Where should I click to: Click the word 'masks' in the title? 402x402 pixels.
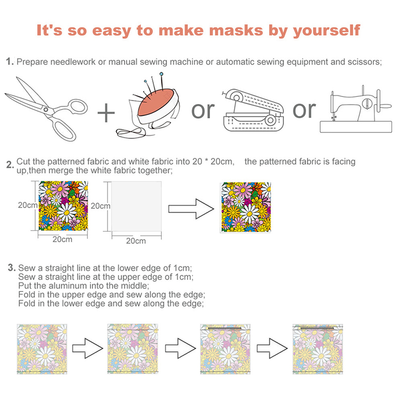[236, 30]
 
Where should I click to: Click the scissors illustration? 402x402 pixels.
[46, 110]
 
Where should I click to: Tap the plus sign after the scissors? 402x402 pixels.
[106, 113]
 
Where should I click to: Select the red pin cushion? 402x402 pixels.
[156, 102]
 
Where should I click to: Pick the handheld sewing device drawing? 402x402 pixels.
[253, 111]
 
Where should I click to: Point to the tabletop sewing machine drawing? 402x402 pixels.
[356, 110]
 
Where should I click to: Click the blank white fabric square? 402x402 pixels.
[136, 207]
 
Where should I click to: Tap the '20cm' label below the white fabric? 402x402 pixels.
[136, 241]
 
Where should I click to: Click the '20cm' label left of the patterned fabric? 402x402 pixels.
[28, 205]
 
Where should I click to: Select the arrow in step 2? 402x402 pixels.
[191, 209]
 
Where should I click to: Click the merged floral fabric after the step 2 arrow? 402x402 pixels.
[246, 208]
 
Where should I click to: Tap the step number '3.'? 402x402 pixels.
[12, 268]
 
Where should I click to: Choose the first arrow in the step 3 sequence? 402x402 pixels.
[87, 348]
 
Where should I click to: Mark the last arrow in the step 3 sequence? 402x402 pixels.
[272, 348]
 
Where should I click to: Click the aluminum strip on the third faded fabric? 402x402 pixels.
[225, 328]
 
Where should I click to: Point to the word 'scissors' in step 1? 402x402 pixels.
[365, 62]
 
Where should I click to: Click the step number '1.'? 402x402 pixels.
[10, 61]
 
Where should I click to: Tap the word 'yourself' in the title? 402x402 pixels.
[327, 31]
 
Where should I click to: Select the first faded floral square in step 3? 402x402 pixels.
[42, 349]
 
